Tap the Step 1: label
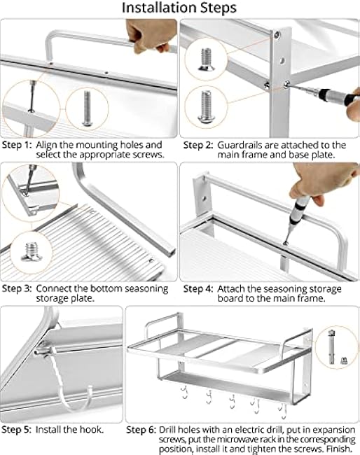pos(17,145)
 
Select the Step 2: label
pos(198,145)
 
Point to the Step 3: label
pos(17,288)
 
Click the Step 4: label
pos(198,288)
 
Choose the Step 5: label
pos(17,429)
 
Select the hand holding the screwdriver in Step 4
pos(311,189)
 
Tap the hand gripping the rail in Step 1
pos(147,35)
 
